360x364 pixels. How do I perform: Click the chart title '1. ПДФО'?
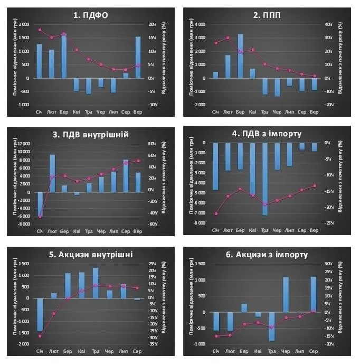pyautogui.click(x=90, y=15)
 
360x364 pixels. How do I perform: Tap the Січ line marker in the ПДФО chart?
pyautogui.click(x=40, y=30)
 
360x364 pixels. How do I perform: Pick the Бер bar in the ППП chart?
pyautogui.click(x=240, y=56)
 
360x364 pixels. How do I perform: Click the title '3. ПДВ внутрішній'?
pyautogui.click(x=90, y=134)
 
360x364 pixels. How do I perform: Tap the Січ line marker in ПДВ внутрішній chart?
pyautogui.click(x=40, y=217)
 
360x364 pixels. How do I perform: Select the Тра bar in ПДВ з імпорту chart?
pyautogui.click(x=265, y=179)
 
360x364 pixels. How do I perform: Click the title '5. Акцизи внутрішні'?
pyautogui.click(x=90, y=255)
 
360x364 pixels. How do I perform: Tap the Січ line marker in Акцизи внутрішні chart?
pyautogui.click(x=40, y=336)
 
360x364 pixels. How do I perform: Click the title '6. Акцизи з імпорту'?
pyautogui.click(x=266, y=255)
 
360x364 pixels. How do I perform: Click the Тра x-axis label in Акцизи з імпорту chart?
pyautogui.click(x=271, y=351)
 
